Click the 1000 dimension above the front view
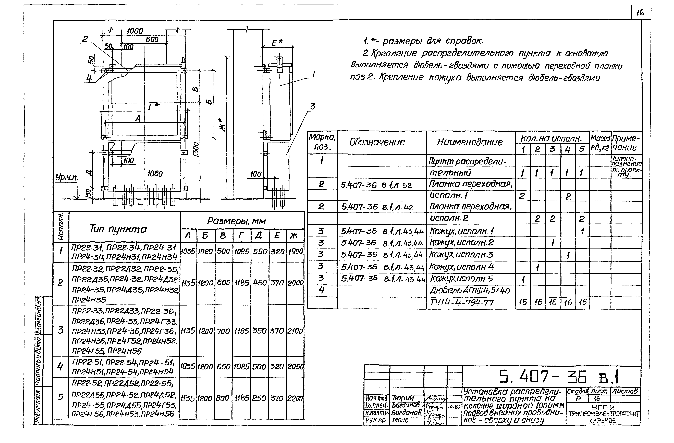[x=135, y=31]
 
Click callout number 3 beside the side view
[x=312, y=107]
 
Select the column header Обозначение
[x=377, y=142]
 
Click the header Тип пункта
[x=118, y=229]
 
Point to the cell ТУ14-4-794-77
[x=462, y=303]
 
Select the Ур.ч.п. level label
[x=67, y=177]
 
